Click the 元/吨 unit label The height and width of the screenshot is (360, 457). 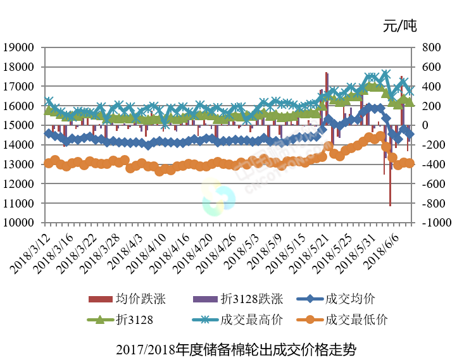click(x=400, y=26)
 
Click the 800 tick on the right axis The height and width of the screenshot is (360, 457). click(x=429, y=47)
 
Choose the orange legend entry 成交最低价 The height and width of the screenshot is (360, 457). click(x=354, y=320)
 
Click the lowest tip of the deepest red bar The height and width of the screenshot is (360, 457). click(x=390, y=206)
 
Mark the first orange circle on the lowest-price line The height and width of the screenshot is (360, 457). click(x=49, y=163)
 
